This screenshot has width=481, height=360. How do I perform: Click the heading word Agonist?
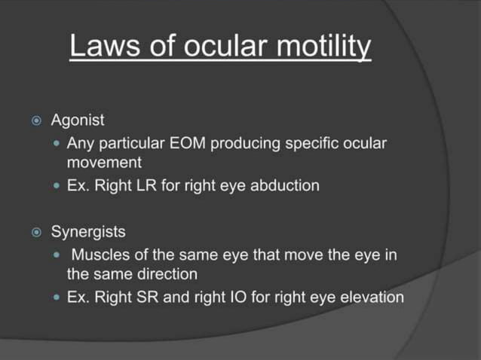(78, 120)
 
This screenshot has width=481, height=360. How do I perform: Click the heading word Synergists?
(88, 230)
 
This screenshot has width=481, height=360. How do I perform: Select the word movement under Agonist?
(104, 162)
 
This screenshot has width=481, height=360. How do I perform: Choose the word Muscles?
(103, 254)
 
